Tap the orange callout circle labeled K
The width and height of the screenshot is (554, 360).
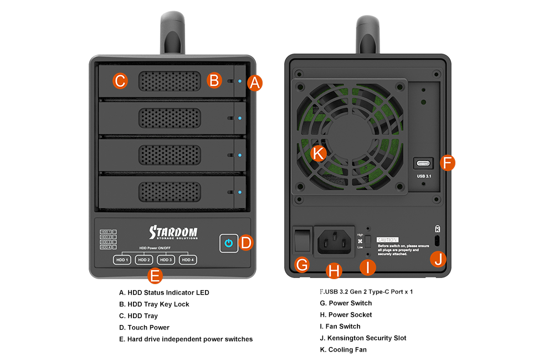tap(318, 153)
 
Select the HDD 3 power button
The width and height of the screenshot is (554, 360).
tap(165, 260)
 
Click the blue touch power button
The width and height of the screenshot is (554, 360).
tap(228, 243)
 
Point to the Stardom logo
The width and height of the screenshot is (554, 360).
tap(173, 232)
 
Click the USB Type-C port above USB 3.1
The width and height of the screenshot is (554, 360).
tap(424, 163)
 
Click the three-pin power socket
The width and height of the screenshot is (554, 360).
tap(334, 241)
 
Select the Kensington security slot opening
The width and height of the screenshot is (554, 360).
tap(438, 241)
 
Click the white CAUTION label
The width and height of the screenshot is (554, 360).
tap(388, 239)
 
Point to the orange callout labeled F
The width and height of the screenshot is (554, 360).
tap(448, 163)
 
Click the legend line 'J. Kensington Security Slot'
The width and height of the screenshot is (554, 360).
tap(363, 338)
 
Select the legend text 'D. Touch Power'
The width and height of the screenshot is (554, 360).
tap(144, 327)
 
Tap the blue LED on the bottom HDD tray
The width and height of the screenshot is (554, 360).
tap(239, 192)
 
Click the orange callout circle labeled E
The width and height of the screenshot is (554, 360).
tap(156, 275)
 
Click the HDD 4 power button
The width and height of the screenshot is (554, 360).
tap(187, 260)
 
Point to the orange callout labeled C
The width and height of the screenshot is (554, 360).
tap(120, 81)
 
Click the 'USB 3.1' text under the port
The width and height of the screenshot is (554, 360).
tap(424, 177)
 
